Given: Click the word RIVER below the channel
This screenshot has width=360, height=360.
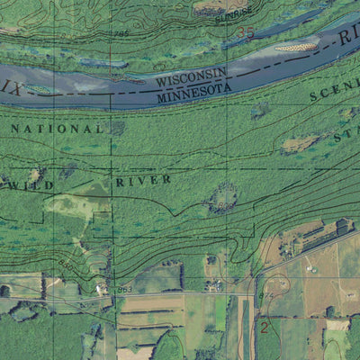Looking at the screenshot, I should pyautogui.click(x=143, y=181).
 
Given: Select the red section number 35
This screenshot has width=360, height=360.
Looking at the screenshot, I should pyautogui.click(x=246, y=33).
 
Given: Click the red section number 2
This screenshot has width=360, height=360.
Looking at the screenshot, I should pyautogui.click(x=265, y=326).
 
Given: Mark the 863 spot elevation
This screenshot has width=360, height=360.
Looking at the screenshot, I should pyautogui.click(x=125, y=288).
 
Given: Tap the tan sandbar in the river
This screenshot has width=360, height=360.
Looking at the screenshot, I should pyautogui.click(x=295, y=45).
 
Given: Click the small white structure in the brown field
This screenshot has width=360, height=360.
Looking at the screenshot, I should pyautogui.click(x=310, y=267).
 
